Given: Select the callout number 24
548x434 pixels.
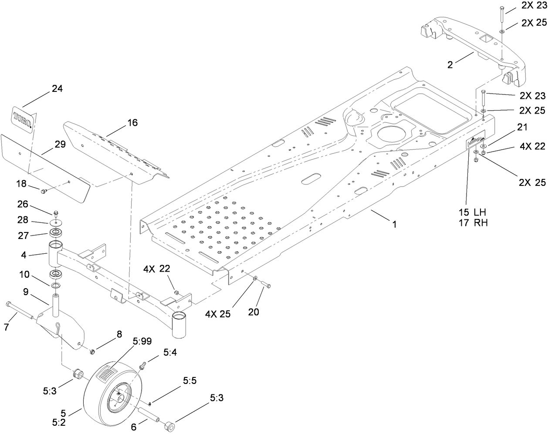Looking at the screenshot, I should tap(57, 89).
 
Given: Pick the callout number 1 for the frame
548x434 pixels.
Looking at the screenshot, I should tap(394, 225).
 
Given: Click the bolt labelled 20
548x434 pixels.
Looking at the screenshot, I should tap(265, 285).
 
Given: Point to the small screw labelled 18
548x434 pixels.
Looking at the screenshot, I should tap(43, 190).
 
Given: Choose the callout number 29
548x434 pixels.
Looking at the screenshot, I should tap(60, 145).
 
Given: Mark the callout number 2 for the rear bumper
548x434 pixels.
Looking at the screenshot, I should tap(450, 65).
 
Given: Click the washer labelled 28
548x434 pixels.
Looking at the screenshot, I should tap(56, 222).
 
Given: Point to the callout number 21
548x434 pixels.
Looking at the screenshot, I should tap(522, 127).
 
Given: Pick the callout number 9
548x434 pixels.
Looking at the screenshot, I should tap(26, 293).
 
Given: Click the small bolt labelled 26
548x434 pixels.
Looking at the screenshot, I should tap(56, 213).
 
